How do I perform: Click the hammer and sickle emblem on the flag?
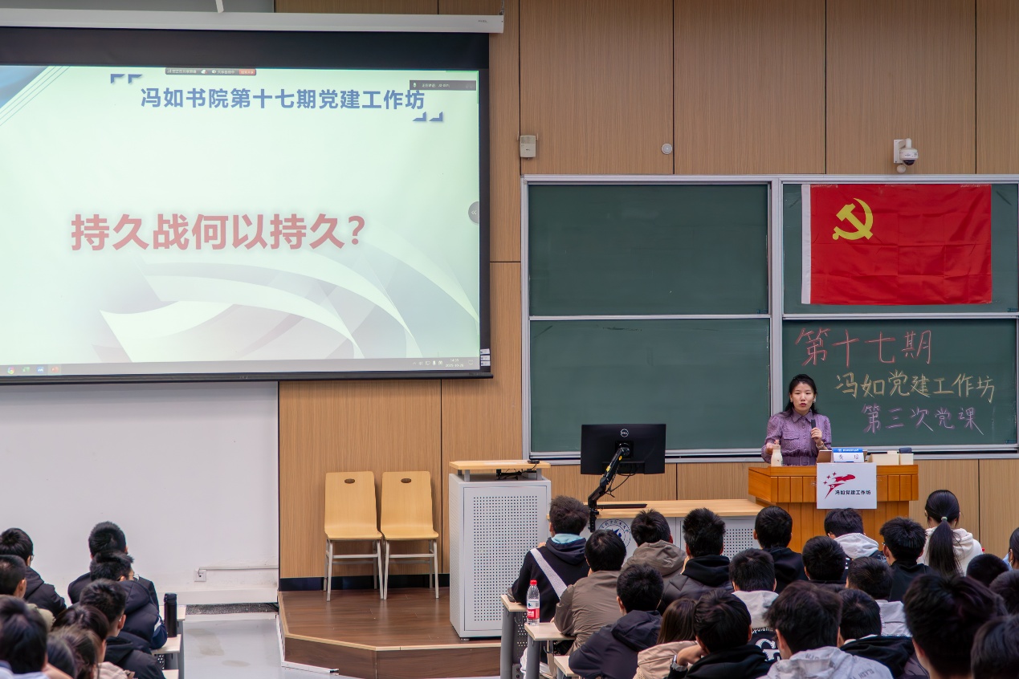[x=852, y=221]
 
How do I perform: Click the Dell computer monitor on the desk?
[x=622, y=449]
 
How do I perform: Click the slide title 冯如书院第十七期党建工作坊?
[x=282, y=99]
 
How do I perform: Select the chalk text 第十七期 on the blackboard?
[x=863, y=348]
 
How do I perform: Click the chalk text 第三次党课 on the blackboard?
[x=922, y=419]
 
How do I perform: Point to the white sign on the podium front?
[x=846, y=485]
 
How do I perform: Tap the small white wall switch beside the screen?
[x=527, y=146]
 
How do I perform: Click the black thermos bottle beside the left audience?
[x=170, y=614]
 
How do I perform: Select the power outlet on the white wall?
[x=200, y=575]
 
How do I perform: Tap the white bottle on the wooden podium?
[x=776, y=456]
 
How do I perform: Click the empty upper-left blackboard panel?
[x=647, y=249]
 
